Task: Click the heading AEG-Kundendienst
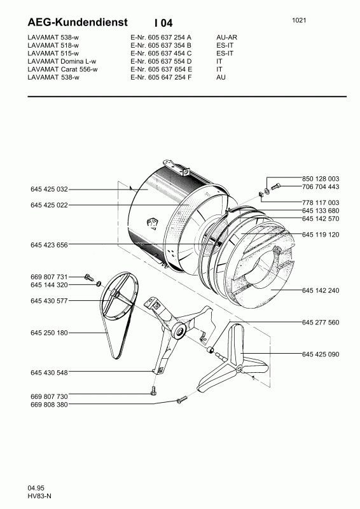(x=78, y=22)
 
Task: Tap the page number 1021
(x=299, y=20)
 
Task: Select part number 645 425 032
(x=50, y=189)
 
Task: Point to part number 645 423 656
(x=50, y=245)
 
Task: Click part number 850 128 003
(x=321, y=179)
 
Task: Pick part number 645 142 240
(x=321, y=290)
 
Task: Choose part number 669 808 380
(x=50, y=405)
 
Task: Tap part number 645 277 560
(x=321, y=323)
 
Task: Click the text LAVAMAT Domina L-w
(x=62, y=61)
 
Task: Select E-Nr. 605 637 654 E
(x=162, y=69)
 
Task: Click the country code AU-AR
(x=227, y=38)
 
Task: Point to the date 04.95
(x=36, y=488)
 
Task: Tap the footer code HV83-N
(x=39, y=496)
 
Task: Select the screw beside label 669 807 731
(x=88, y=277)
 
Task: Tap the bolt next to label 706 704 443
(x=275, y=186)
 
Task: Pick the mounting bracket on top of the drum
(x=177, y=167)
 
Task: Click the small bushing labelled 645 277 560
(x=211, y=350)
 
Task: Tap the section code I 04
(x=163, y=23)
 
